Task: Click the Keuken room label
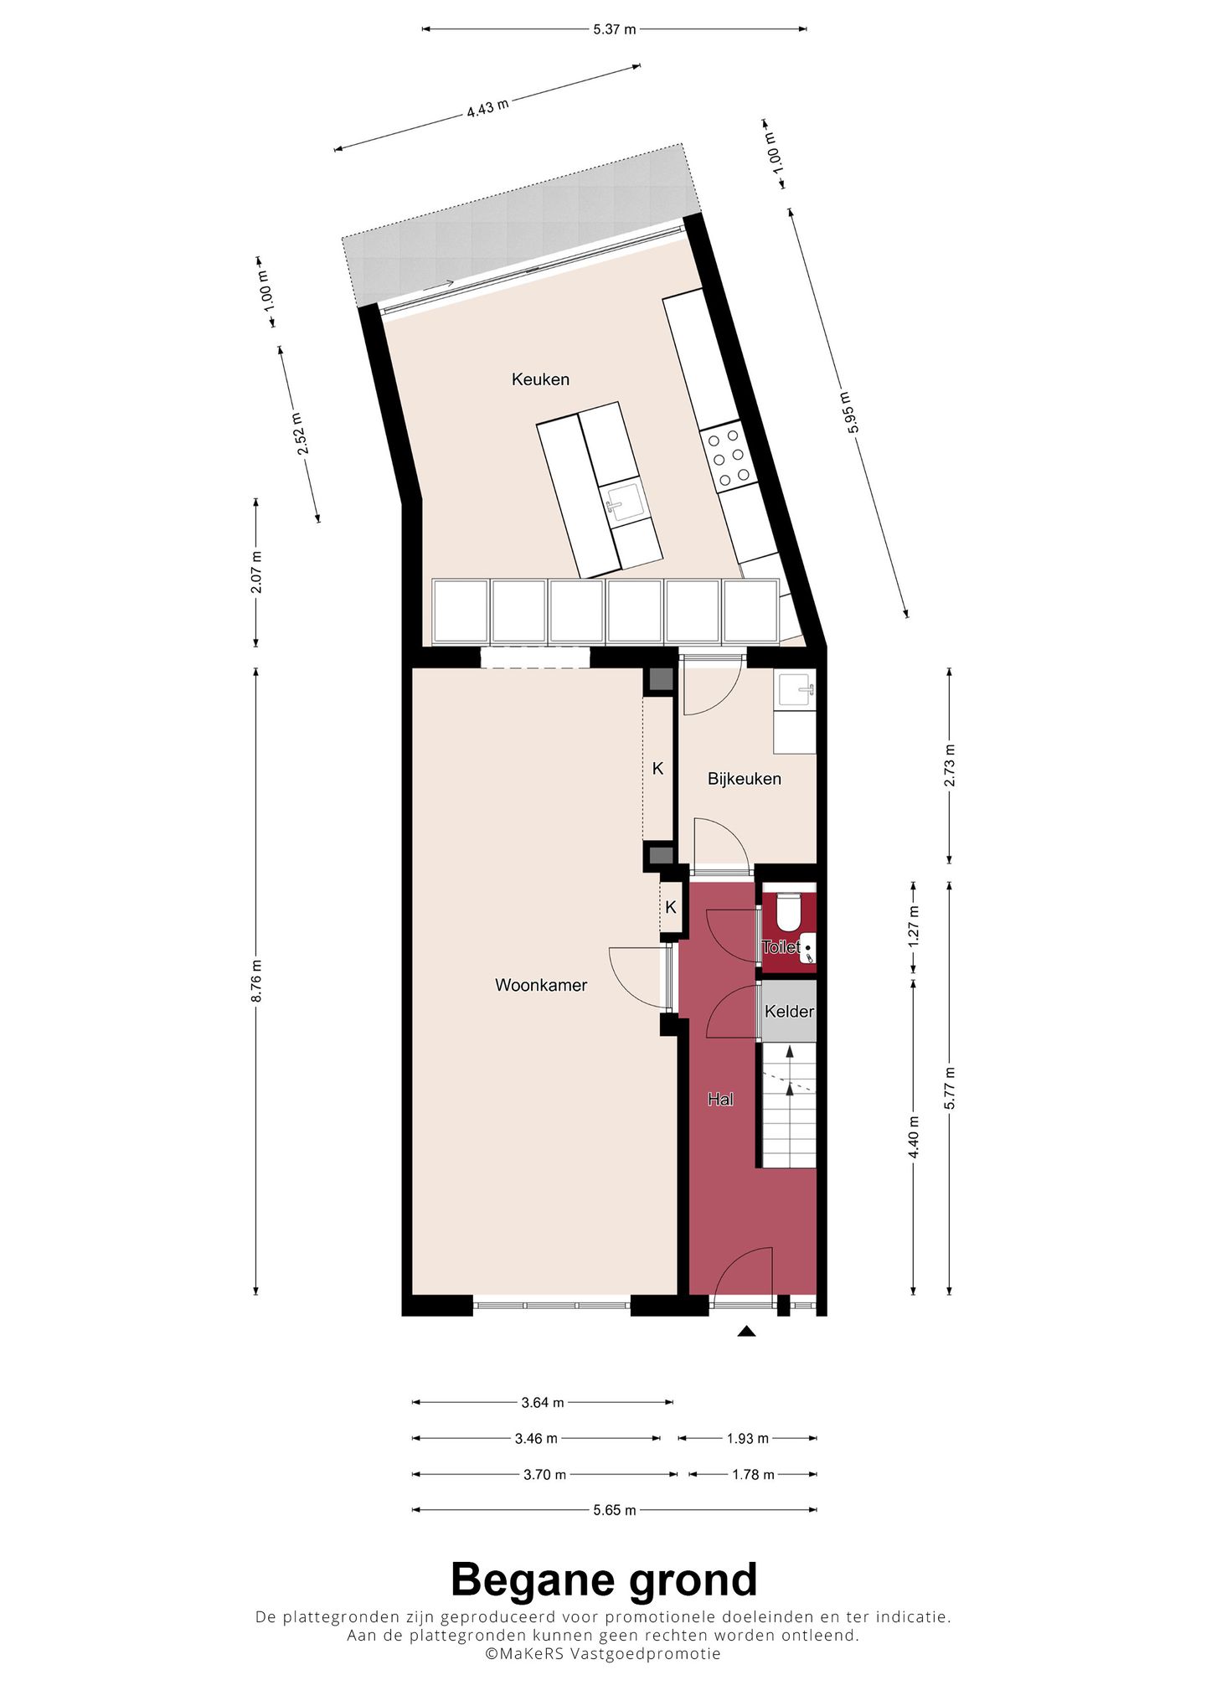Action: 540,379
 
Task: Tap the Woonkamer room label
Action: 541,985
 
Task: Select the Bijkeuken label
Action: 744,779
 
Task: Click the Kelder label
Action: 789,1012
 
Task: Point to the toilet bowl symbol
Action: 788,913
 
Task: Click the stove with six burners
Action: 726,457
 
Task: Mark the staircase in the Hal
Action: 788,1106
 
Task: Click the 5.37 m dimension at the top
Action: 614,29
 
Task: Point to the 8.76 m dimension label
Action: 257,981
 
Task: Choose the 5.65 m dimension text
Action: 614,1510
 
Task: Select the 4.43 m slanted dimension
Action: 487,108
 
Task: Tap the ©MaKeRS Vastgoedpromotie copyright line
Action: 603,1653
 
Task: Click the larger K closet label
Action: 657,768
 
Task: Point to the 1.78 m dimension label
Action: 752,1474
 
